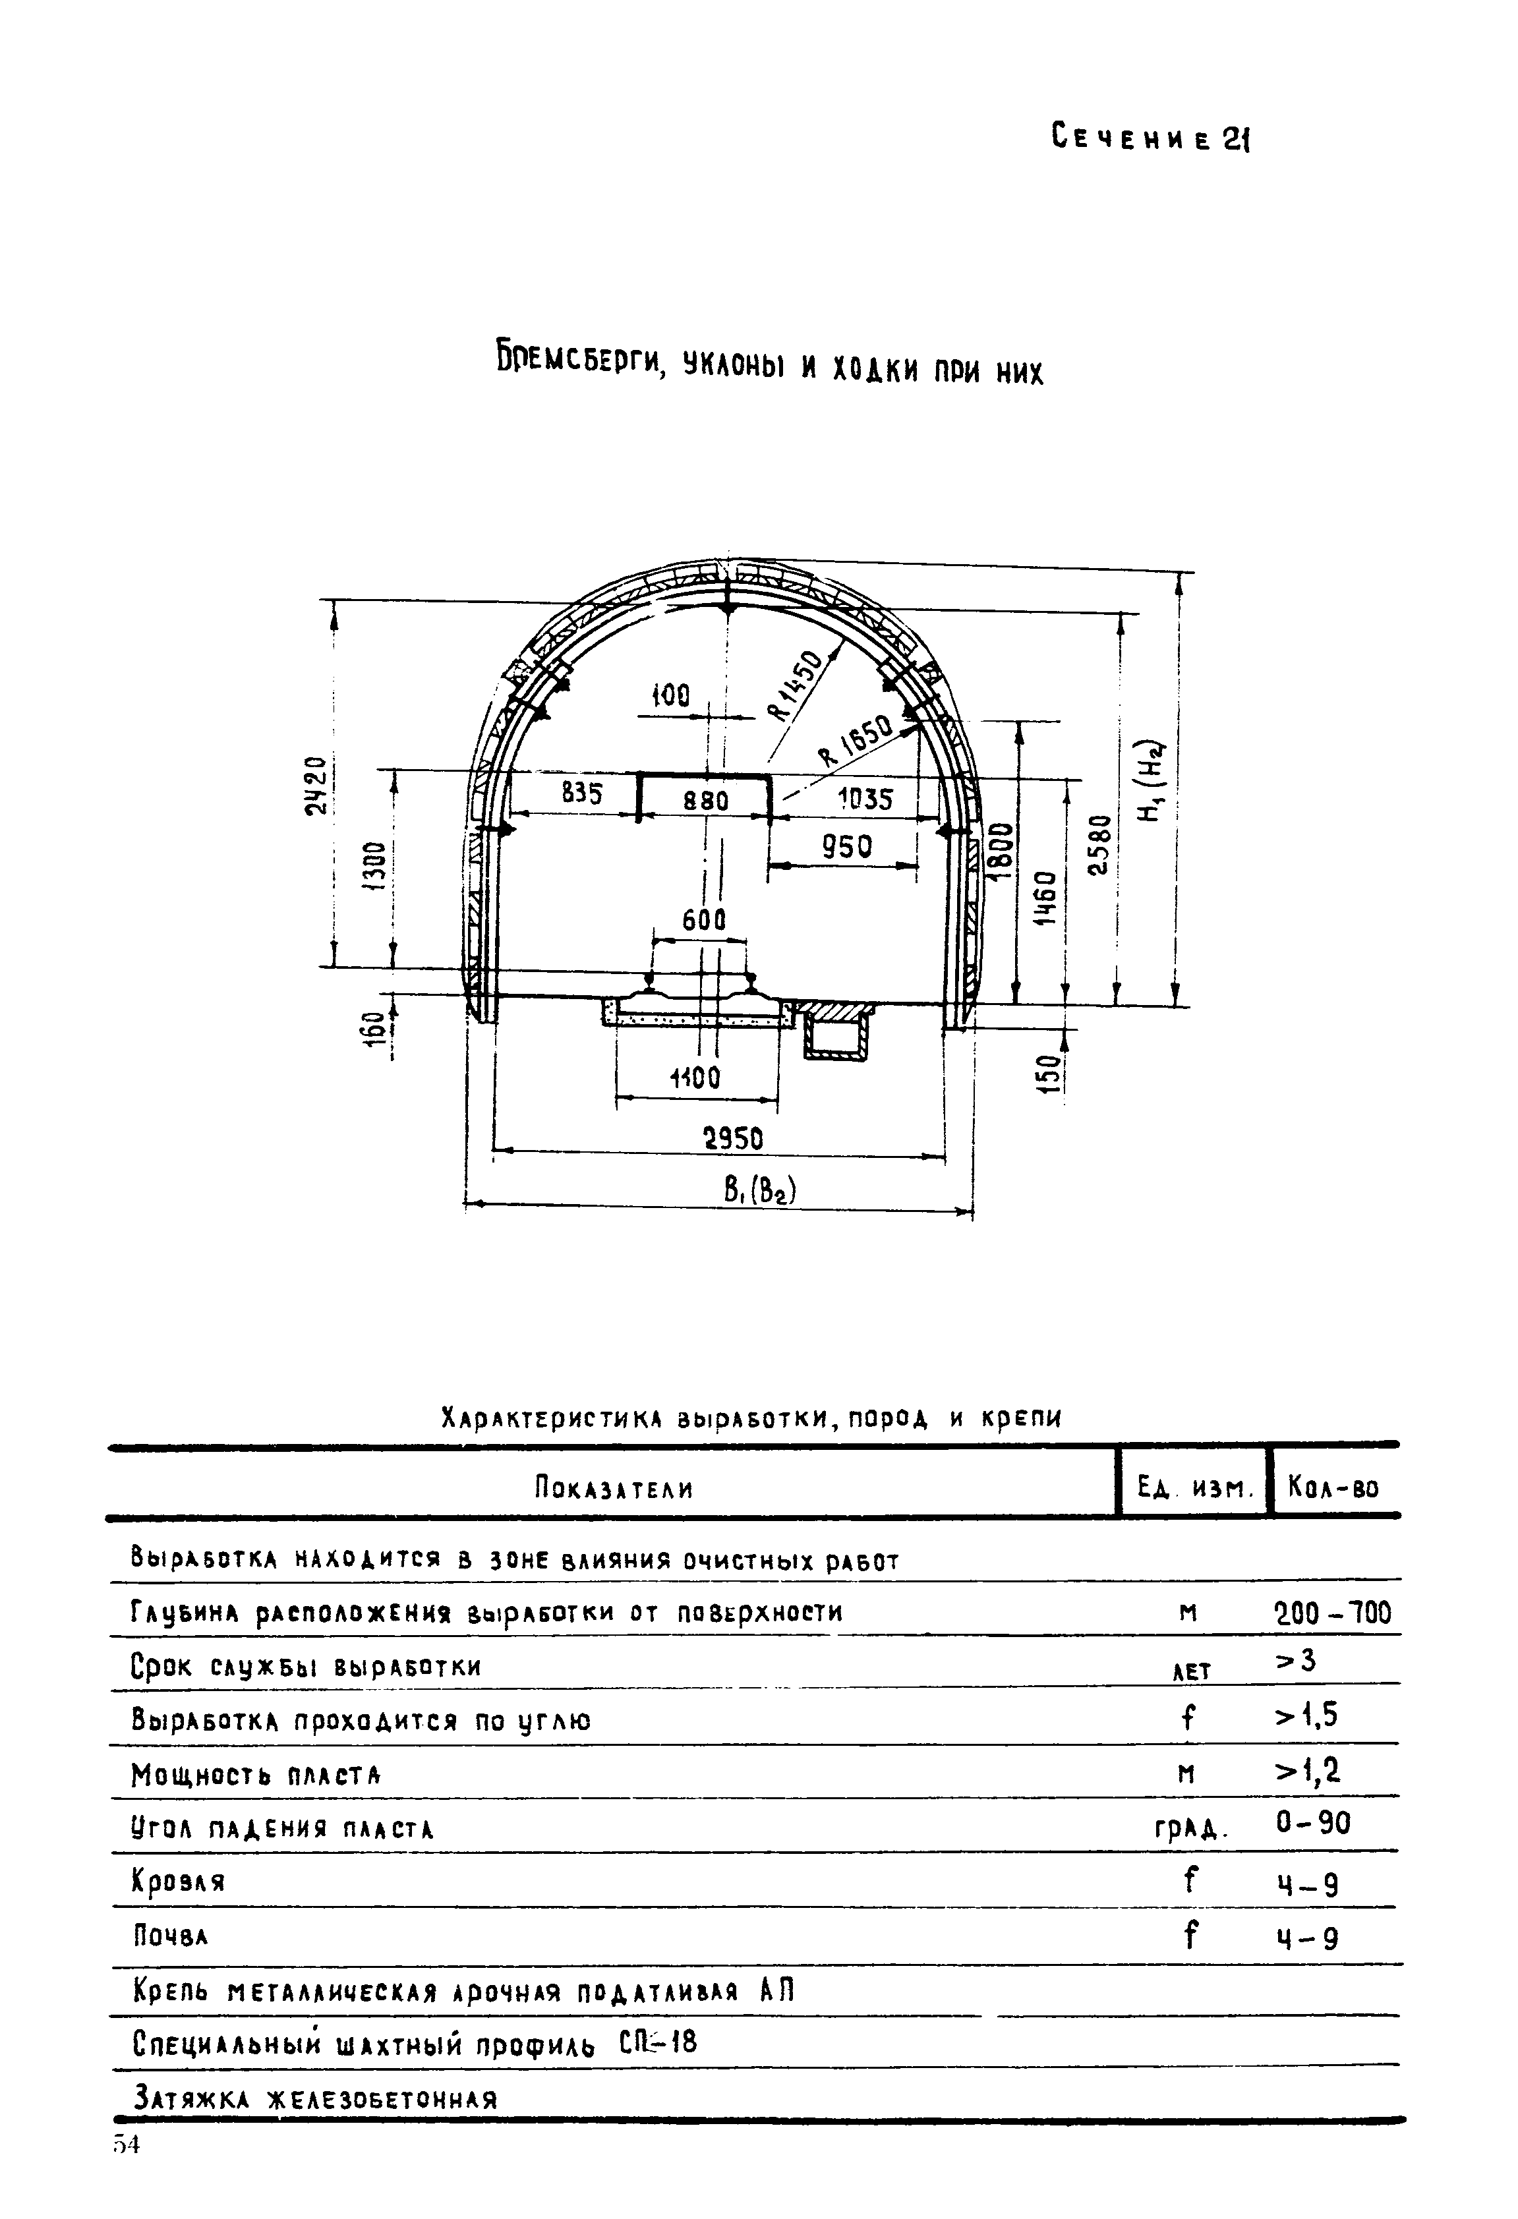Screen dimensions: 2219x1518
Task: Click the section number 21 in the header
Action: [x=1237, y=140]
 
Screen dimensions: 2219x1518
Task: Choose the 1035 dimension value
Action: [x=864, y=798]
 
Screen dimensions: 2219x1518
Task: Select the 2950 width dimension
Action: [x=733, y=1139]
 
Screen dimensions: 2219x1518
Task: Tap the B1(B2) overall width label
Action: [x=760, y=1191]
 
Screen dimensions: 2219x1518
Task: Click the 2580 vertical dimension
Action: [x=1101, y=845]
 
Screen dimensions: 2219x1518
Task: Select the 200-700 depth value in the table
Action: [x=1333, y=1613]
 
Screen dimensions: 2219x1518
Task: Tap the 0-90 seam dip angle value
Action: [x=1314, y=1824]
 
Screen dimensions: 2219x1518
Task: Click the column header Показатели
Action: [x=613, y=1489]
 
